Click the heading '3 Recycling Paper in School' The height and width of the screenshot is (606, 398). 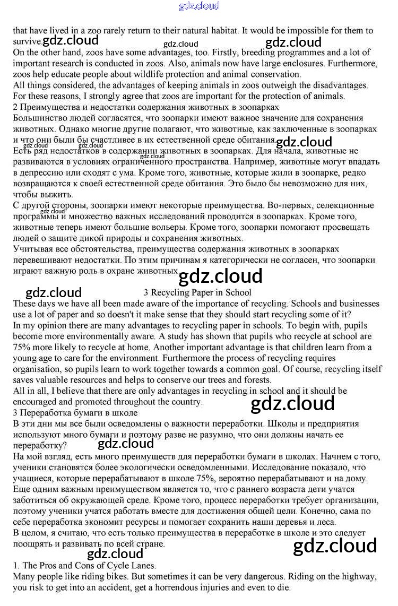pyautogui.click(x=197, y=292)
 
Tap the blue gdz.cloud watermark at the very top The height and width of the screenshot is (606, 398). pyautogui.click(x=199, y=6)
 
